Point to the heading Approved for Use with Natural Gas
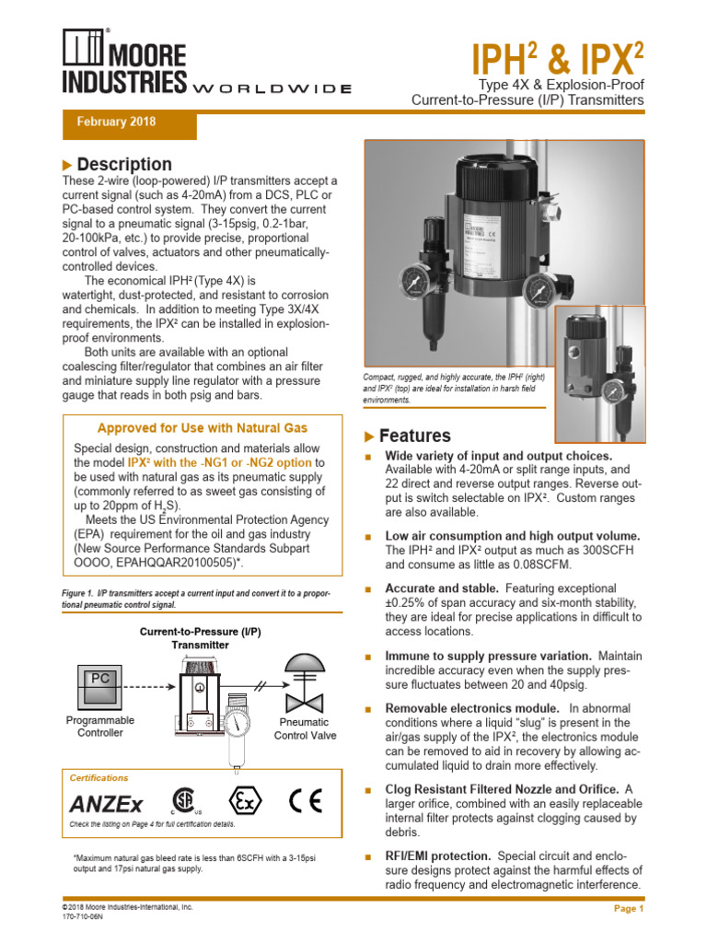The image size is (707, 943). click(203, 428)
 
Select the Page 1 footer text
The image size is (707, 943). click(629, 909)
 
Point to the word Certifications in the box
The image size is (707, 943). click(99, 778)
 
